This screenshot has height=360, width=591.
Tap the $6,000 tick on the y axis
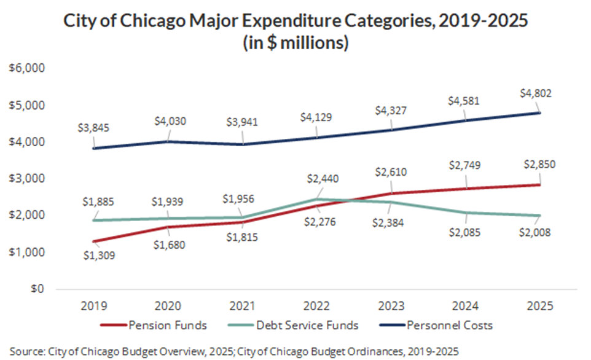coord(25,68)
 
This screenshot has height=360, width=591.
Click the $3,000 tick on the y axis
coord(25,179)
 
